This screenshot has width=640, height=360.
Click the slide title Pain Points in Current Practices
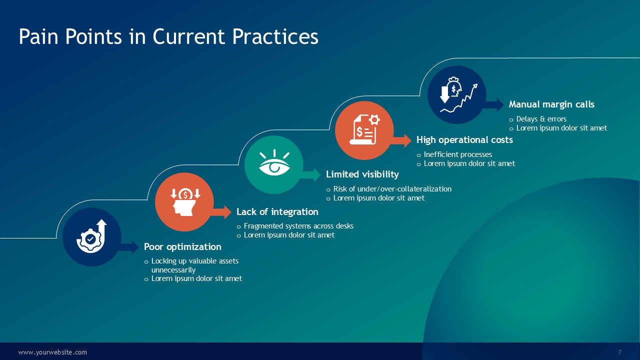[x=168, y=36]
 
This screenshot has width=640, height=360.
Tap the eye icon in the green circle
[x=274, y=162]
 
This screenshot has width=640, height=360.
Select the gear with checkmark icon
[x=91, y=236]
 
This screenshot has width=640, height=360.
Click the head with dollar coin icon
[x=185, y=201]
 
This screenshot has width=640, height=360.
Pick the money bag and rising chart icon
[x=458, y=94]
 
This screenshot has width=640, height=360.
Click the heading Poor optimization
[x=182, y=247]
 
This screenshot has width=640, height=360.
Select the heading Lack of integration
[x=277, y=211]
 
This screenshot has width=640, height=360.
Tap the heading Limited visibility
[x=362, y=174]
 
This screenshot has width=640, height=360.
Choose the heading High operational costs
[x=464, y=139]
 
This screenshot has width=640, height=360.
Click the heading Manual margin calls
[x=551, y=104]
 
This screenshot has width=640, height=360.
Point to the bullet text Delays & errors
[x=541, y=119]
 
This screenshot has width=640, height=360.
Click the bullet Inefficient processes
[x=457, y=154]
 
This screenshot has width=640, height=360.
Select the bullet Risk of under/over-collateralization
[x=392, y=189]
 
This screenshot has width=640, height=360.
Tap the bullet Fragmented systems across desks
[x=298, y=226]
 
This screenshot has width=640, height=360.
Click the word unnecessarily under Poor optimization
[x=173, y=270]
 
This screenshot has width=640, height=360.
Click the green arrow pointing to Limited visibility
[x=310, y=175]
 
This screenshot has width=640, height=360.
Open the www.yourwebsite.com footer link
[x=52, y=352]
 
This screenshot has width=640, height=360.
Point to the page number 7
[x=619, y=352]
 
